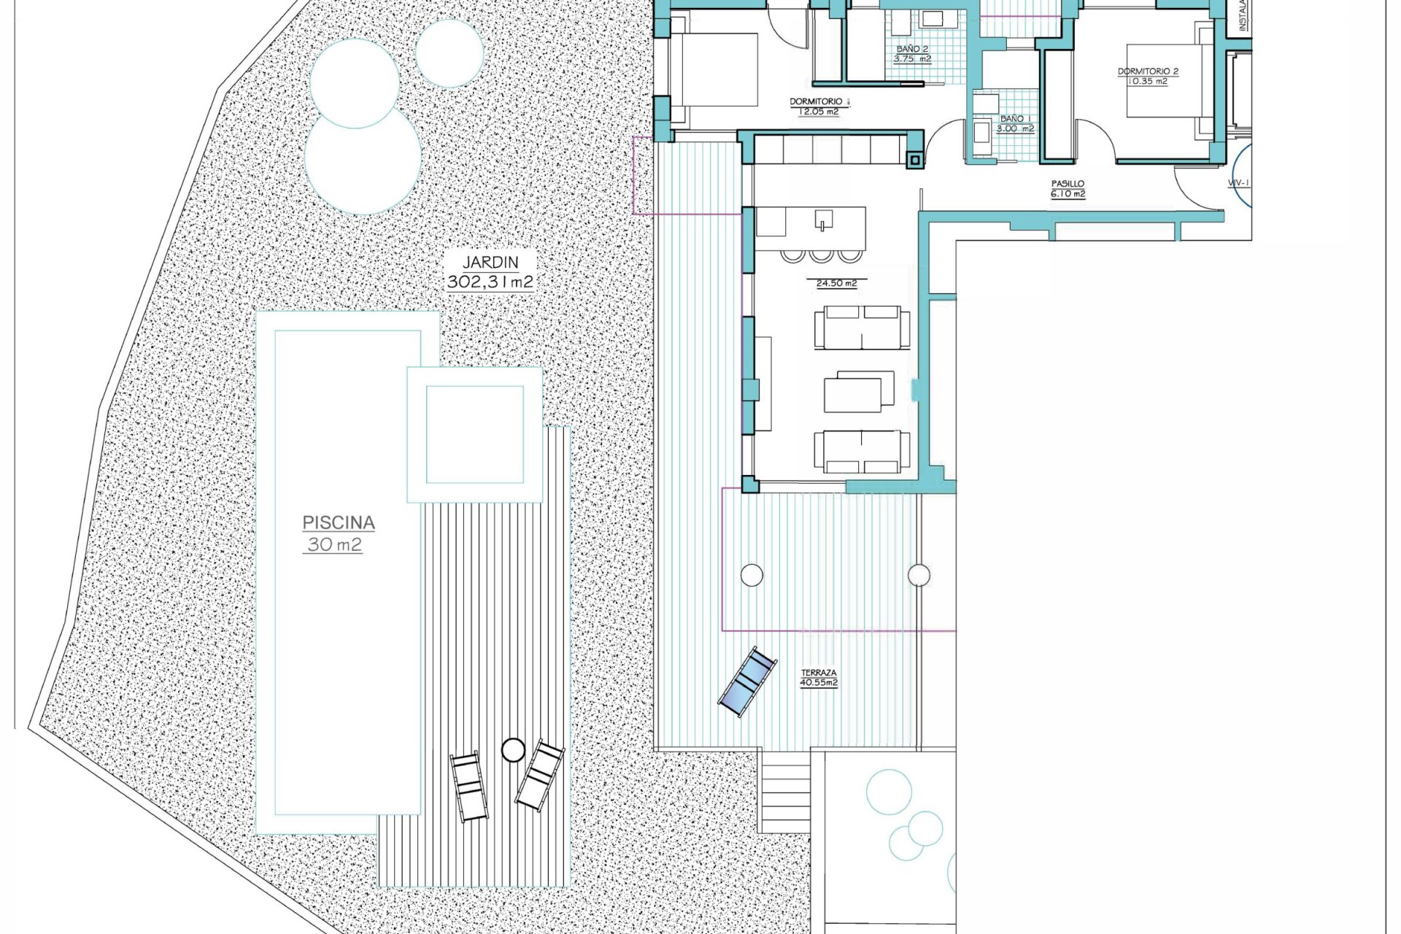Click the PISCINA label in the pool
click(x=339, y=522)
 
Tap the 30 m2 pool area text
click(x=333, y=544)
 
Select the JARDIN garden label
click(x=490, y=262)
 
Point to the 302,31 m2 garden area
click(x=490, y=282)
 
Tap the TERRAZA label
click(x=819, y=673)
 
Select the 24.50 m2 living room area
click(x=836, y=283)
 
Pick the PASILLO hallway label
click(x=1068, y=184)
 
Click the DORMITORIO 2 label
click(x=1148, y=72)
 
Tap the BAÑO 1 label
click(x=1016, y=118)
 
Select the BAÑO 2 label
click(x=912, y=49)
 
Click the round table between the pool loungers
click(x=513, y=749)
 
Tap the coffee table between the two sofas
click(x=859, y=392)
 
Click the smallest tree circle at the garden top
click(x=449, y=53)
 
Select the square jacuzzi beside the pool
click(x=474, y=435)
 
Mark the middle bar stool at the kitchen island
click(x=821, y=255)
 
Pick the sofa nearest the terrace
click(x=862, y=450)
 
